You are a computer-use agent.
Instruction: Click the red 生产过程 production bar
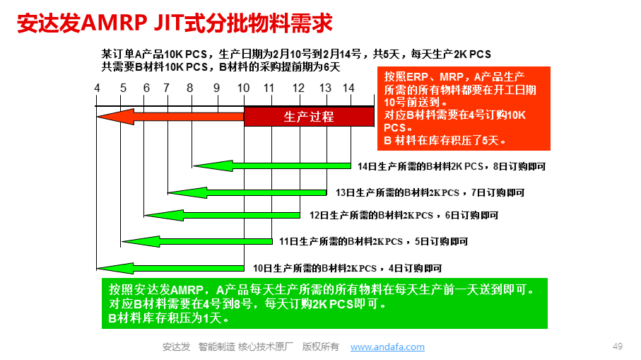pyautogui.click(x=309, y=117)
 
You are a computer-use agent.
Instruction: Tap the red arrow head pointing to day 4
pyautogui.click(x=115, y=117)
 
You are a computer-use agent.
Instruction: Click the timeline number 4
pyautogui.click(x=97, y=88)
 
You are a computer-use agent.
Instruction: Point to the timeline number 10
pyautogui.click(x=243, y=88)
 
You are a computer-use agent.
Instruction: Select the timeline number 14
pyautogui.click(x=348, y=88)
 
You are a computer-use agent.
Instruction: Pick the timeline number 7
pyautogui.click(x=166, y=88)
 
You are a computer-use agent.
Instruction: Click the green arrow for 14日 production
pyautogui.click(x=271, y=166)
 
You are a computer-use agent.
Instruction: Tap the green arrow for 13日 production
pyautogui.click(x=247, y=192)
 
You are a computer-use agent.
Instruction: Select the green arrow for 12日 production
pyautogui.click(x=222, y=215)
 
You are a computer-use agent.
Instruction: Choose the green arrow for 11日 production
pyautogui.click(x=197, y=241)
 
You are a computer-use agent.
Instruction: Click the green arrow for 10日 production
pyautogui.click(x=170, y=268)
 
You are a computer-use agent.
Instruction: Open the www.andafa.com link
pyautogui.click(x=387, y=347)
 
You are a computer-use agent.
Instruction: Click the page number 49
pyautogui.click(x=617, y=347)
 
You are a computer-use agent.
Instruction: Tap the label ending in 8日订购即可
pyautogui.click(x=452, y=166)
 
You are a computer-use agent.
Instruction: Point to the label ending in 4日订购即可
pyautogui.click(x=348, y=268)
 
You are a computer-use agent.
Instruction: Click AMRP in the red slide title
pyautogui.click(x=114, y=23)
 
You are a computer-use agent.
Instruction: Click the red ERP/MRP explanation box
pyautogui.click(x=464, y=108)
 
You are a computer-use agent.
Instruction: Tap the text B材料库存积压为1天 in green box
pyautogui.click(x=168, y=318)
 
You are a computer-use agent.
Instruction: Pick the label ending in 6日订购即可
pyautogui.click(x=404, y=215)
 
